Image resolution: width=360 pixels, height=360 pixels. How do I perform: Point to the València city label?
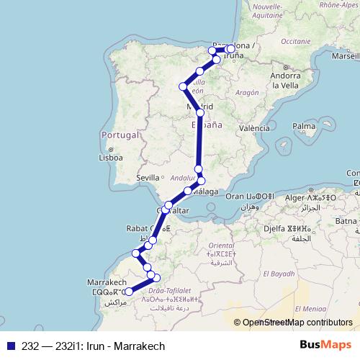253,128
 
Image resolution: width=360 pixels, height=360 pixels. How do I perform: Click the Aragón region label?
246,92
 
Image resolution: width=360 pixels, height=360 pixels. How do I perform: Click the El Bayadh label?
276,274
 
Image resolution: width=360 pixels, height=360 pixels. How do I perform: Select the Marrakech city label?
107,282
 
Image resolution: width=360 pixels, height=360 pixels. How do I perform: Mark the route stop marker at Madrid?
200,113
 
